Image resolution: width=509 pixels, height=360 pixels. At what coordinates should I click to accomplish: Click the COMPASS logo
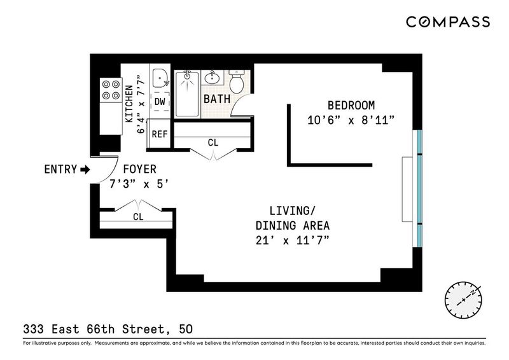tap(448, 22)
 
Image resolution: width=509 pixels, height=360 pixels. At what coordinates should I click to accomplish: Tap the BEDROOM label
tap(351, 106)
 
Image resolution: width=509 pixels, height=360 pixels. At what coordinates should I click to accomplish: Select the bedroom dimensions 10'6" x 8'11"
tap(351, 120)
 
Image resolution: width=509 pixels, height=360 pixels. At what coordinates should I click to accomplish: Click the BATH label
tap(217, 99)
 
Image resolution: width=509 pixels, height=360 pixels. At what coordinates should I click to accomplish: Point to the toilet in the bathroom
tap(237, 81)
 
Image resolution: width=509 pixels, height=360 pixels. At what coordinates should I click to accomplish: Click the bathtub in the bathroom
tap(187, 93)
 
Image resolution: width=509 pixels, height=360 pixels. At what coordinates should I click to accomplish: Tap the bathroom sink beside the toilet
tap(213, 77)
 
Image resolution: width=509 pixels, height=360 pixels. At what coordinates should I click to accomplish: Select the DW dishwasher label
tap(160, 102)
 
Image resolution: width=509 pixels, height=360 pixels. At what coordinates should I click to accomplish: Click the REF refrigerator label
tap(160, 134)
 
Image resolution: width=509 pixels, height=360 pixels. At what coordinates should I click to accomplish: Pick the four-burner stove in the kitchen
tap(111, 90)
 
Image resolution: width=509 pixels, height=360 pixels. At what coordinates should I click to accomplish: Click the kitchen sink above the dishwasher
tap(160, 78)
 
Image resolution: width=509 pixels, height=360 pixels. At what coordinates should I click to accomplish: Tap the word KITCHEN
tap(129, 104)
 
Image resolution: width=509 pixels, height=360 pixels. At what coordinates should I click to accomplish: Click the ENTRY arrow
tap(85, 169)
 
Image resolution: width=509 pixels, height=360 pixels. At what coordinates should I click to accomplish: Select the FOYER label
tap(139, 169)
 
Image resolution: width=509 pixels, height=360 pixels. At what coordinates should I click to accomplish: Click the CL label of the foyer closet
tap(138, 216)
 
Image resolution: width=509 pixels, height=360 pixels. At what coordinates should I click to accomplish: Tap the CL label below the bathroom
tap(213, 142)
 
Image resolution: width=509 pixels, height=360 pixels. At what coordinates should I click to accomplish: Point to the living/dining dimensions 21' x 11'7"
tap(293, 240)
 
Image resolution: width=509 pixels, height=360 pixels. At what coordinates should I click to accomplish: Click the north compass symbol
tap(463, 300)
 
